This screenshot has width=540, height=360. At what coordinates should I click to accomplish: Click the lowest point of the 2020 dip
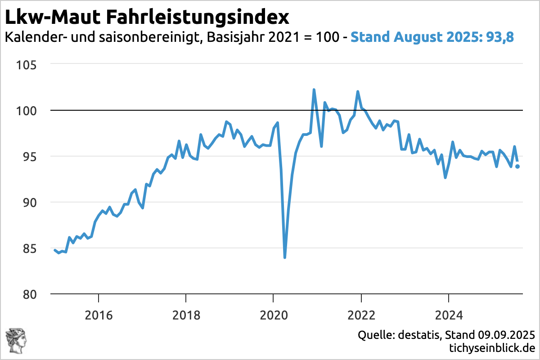(285, 257)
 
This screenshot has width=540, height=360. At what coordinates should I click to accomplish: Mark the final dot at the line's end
(518, 166)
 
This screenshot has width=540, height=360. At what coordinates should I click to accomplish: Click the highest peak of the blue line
(314, 90)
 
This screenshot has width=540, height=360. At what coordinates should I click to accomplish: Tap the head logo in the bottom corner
(16, 341)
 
